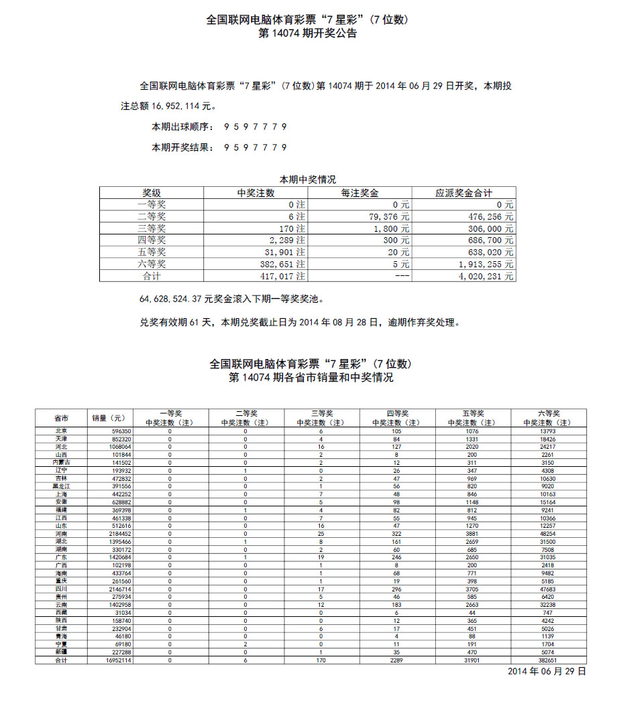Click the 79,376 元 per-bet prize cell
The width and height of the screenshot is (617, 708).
coord(388,216)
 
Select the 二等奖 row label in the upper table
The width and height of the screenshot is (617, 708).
coord(151,216)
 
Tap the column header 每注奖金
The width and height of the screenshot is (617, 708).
coord(360,193)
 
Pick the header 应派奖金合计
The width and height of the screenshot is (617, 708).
coord(463,193)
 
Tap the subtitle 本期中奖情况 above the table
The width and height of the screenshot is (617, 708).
coord(308,180)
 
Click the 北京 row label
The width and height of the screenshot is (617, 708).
coord(61,431)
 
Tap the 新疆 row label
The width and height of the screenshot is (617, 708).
coord(61,652)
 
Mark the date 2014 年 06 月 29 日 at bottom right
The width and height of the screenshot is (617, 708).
coord(547,671)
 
